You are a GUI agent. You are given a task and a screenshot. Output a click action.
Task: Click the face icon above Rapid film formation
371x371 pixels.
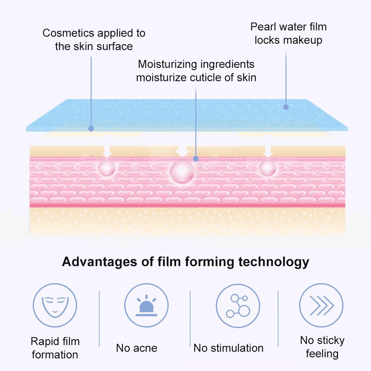click(55, 305)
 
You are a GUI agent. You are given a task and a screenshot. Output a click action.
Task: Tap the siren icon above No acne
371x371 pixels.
click(146, 305)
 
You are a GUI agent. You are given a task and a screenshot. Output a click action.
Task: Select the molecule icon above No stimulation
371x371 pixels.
click(238, 305)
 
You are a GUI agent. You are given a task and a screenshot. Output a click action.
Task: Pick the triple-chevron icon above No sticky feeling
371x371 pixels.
click(321, 305)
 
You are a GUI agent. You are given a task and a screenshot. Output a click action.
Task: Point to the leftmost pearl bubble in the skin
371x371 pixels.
click(107, 167)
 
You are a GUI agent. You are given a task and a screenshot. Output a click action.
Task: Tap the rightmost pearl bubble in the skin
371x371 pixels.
click(268, 167)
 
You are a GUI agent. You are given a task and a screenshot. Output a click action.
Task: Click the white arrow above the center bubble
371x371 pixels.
click(182, 150)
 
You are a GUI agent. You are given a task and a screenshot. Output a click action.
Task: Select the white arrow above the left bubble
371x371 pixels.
click(107, 151)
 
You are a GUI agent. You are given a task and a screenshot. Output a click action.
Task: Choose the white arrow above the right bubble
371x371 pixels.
click(268, 151)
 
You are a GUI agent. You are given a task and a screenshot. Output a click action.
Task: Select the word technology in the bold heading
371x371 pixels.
click(274, 262)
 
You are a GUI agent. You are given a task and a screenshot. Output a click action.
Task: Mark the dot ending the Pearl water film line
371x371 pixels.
click(286, 107)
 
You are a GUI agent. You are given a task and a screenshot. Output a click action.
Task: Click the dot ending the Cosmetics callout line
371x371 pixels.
click(91, 129)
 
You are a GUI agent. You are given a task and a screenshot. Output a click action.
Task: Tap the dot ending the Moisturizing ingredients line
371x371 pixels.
click(196, 159)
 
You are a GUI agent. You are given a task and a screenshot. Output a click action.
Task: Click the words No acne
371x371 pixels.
click(136, 348)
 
